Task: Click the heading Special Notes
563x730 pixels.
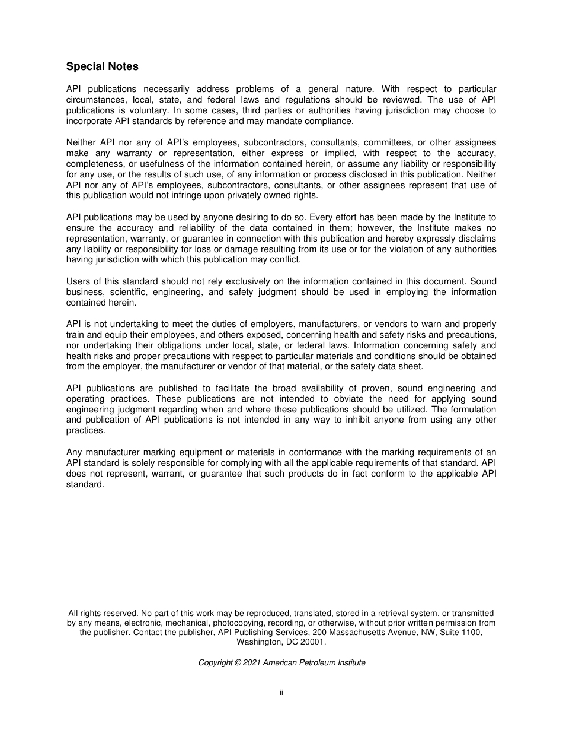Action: point(102,66)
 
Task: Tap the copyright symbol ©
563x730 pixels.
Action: point(238,663)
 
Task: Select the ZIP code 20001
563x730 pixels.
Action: point(314,642)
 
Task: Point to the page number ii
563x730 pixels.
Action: point(281,693)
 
